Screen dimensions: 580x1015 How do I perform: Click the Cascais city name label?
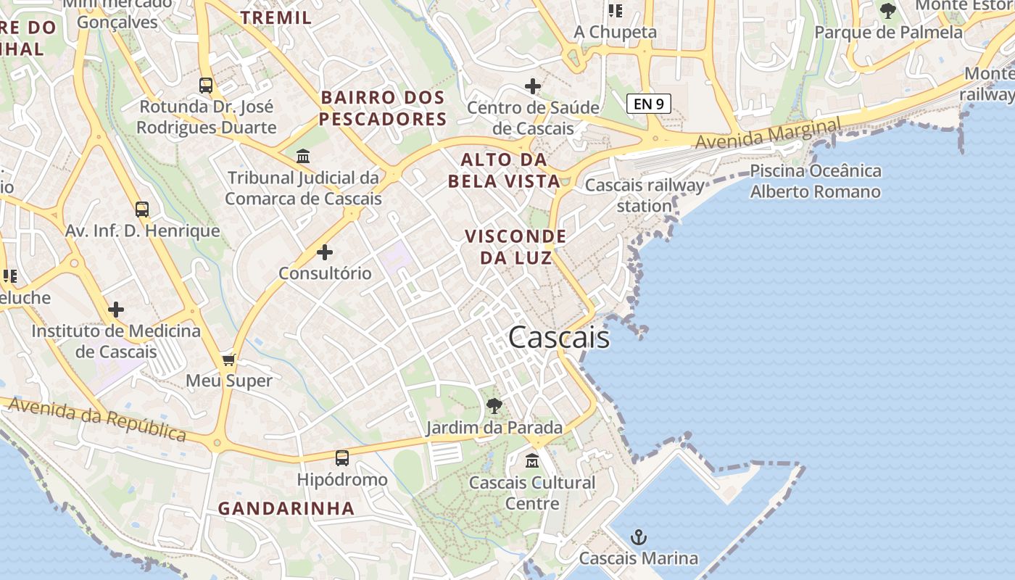click(559, 338)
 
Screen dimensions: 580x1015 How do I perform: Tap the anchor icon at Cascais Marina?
click(639, 537)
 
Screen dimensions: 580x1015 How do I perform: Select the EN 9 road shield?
click(648, 104)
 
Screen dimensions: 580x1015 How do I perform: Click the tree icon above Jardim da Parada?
click(494, 406)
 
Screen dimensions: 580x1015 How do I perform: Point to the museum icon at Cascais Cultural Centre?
click(532, 460)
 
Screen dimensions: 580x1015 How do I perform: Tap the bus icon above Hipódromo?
click(341, 457)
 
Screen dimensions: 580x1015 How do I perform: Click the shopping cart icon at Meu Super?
click(229, 360)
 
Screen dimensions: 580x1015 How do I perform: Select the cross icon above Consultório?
click(325, 252)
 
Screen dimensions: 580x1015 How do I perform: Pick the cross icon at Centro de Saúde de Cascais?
click(533, 87)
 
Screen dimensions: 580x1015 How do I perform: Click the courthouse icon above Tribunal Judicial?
click(303, 156)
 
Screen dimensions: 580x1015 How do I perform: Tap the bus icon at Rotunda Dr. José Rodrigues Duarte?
click(206, 86)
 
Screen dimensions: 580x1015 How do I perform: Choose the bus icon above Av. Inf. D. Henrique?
click(142, 210)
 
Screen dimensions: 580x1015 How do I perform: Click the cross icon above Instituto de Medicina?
click(116, 310)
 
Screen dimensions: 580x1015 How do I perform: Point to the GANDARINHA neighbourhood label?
click(286, 508)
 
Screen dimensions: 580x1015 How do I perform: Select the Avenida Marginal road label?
click(768, 134)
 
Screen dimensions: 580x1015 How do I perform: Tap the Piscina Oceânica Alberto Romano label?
click(816, 181)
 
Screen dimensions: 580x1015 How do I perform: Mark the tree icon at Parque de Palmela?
click(887, 11)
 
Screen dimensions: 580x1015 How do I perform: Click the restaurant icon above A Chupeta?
click(616, 10)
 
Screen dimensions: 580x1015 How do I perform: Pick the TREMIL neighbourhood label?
click(276, 17)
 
